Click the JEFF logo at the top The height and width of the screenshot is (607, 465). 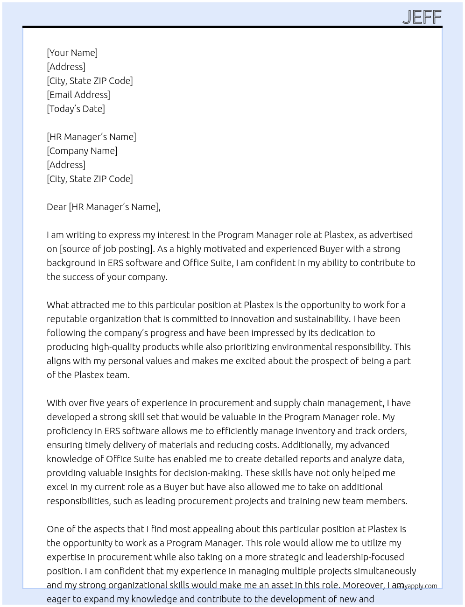(x=422, y=17)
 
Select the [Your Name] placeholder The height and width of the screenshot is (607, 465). (x=72, y=53)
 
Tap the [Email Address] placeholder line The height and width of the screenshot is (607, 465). (x=78, y=95)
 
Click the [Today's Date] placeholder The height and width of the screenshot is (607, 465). (x=76, y=109)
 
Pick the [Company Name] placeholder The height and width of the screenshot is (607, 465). (x=82, y=151)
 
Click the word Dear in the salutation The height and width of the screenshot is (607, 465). (x=56, y=207)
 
